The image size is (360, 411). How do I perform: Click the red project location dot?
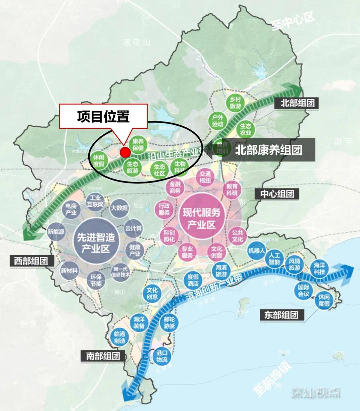125,152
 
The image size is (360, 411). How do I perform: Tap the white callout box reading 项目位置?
103,116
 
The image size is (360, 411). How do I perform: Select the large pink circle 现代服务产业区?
201,218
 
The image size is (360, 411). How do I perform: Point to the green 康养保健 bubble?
138,144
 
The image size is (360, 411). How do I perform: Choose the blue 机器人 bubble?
256,250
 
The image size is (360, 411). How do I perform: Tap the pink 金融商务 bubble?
175,187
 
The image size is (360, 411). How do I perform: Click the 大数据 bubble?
119,208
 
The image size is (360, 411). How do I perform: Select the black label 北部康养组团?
268,150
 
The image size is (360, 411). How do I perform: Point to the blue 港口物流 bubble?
162,356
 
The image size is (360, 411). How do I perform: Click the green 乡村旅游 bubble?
235,103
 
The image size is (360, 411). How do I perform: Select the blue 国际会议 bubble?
304,291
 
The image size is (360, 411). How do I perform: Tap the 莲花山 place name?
137,42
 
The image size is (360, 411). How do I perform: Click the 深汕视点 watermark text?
316,393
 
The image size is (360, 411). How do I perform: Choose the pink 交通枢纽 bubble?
205,177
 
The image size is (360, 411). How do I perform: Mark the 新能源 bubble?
56,232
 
